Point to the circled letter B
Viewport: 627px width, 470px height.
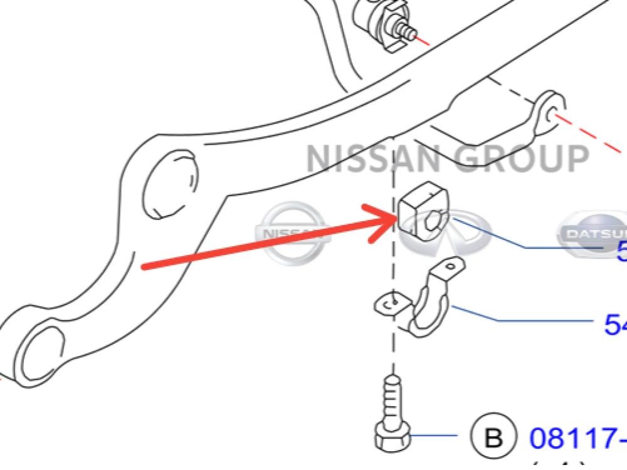(494, 437)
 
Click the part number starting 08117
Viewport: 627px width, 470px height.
(577, 437)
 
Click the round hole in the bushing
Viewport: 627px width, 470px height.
(436, 221)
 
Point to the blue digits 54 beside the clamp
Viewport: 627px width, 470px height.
(615, 324)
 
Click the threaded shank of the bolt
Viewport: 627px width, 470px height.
(390, 398)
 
